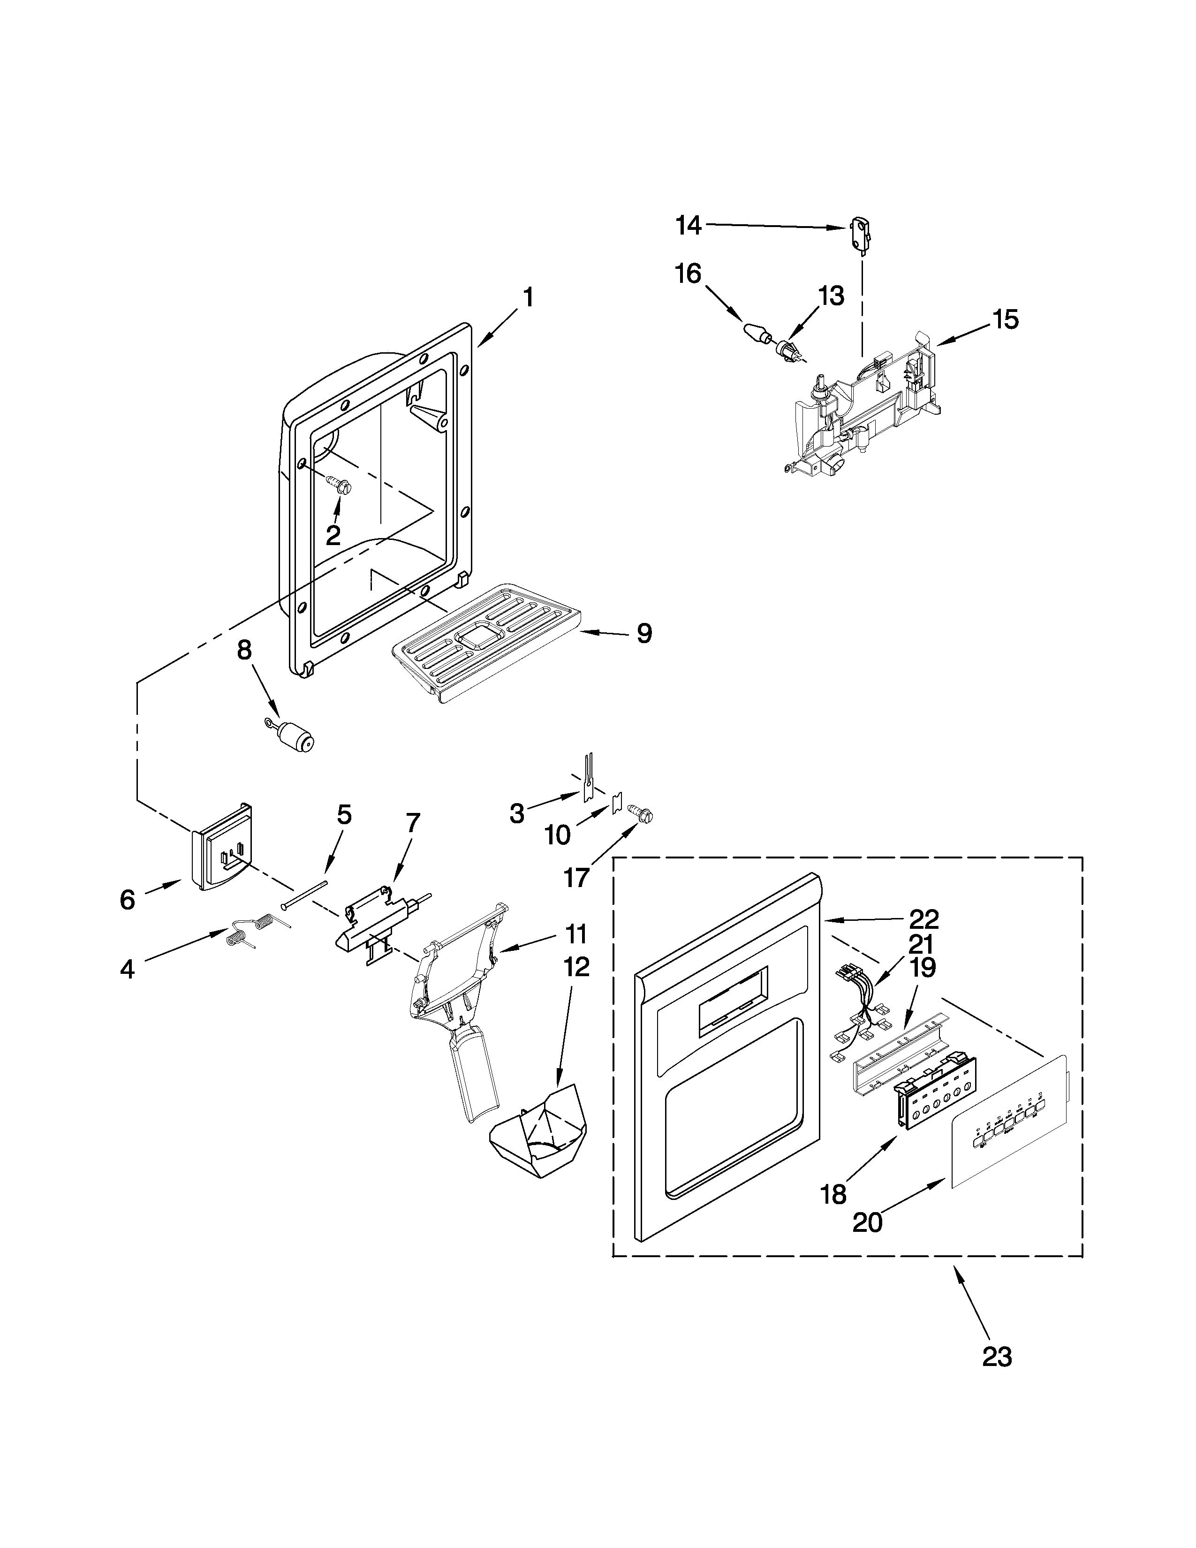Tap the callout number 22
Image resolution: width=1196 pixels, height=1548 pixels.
click(924, 919)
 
